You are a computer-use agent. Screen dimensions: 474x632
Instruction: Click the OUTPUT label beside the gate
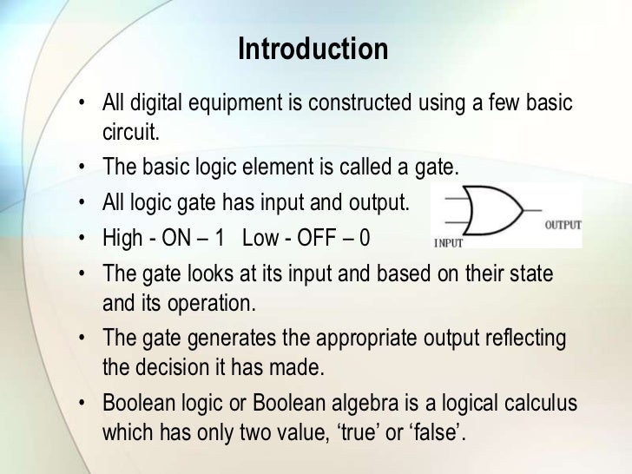[563, 224]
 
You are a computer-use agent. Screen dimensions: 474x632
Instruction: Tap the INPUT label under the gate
[449, 242]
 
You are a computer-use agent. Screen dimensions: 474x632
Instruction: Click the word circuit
[130, 135]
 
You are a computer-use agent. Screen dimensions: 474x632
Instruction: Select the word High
[122, 236]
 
